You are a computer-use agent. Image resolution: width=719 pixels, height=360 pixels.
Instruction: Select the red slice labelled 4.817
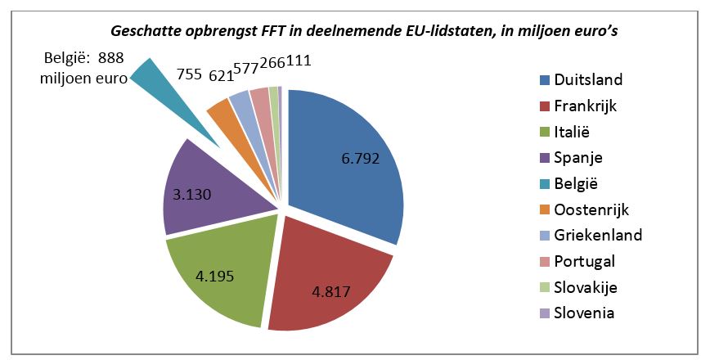pos(335,278)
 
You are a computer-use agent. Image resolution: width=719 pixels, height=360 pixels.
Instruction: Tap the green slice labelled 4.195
pos(221,270)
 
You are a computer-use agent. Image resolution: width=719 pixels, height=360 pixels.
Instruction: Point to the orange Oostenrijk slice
pos(222,115)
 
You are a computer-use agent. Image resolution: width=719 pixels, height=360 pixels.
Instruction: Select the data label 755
pos(191,73)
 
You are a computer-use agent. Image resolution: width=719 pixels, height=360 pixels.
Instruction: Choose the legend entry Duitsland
pos(588,79)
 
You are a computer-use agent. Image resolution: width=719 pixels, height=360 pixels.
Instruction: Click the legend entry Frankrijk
pos(585,106)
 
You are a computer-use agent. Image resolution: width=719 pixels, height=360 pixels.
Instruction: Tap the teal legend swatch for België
pos(543,183)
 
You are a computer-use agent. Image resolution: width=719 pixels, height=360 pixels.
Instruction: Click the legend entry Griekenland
pos(597,235)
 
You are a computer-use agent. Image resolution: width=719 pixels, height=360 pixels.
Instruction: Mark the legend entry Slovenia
pos(584,313)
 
